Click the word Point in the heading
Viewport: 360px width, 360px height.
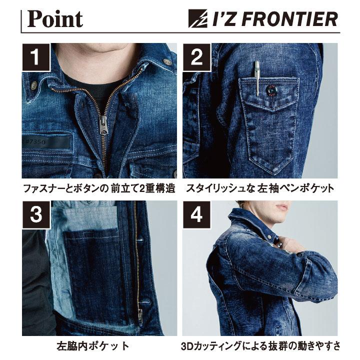[x=55, y=19]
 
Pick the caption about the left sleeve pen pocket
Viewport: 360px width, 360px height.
[x=260, y=189]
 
